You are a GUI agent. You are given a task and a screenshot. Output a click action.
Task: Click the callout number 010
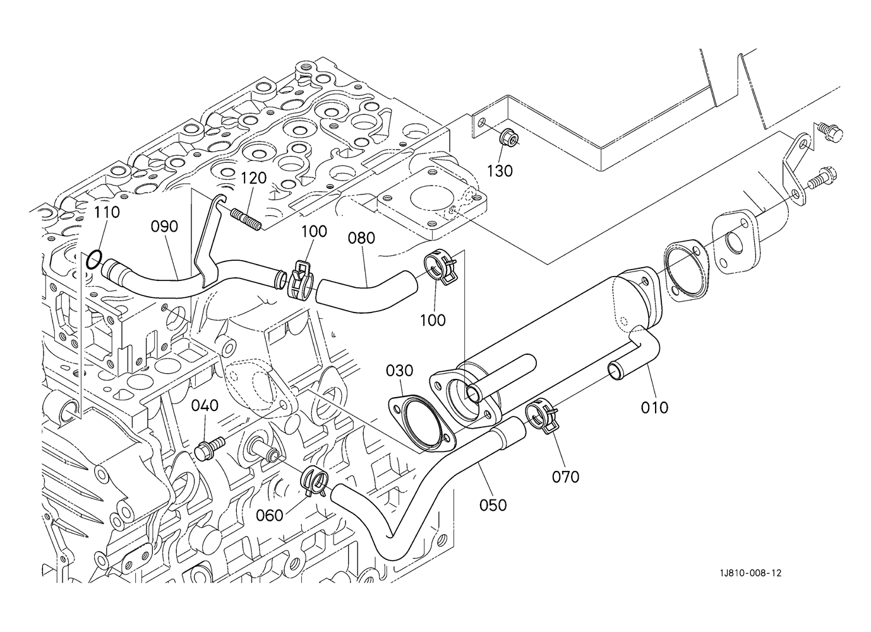654,408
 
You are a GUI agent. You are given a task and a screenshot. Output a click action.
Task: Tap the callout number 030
400,370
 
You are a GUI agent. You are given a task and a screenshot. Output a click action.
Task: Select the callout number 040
205,405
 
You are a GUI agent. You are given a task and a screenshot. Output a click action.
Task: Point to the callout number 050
493,504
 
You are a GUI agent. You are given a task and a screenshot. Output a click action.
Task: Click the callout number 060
269,516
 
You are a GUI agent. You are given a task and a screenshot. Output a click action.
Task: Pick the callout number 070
565,477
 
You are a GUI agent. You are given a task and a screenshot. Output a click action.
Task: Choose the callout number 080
361,238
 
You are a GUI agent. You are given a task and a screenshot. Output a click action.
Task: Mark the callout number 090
164,226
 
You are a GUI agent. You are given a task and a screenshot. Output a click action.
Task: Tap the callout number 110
107,212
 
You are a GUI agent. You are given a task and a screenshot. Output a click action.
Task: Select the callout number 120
253,178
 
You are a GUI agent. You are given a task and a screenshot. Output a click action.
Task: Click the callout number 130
500,170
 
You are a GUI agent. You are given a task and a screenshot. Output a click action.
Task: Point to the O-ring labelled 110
93,258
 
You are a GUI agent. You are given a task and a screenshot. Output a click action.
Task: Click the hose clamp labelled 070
541,415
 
